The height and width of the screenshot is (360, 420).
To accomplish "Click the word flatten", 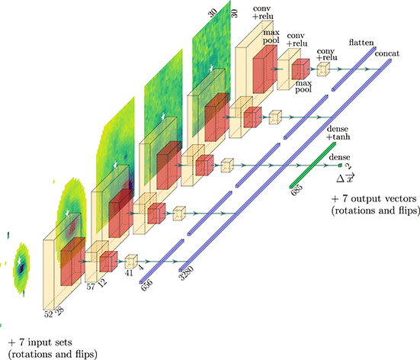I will click(x=361, y=45).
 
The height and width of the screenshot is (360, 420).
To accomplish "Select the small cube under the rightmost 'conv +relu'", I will click(x=322, y=69).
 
